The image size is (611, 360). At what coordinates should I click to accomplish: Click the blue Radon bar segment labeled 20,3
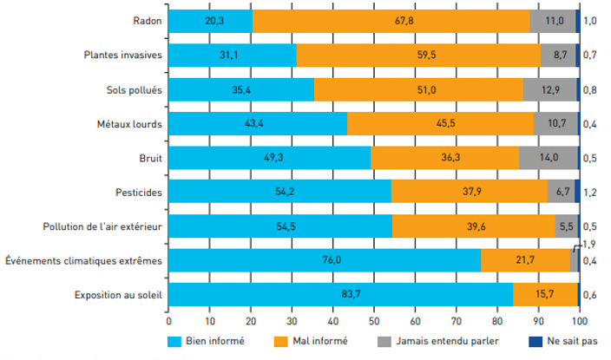click(x=210, y=22)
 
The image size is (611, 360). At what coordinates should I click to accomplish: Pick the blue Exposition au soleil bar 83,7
click(x=340, y=294)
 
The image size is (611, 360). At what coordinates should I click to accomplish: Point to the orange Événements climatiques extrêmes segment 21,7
click(x=525, y=260)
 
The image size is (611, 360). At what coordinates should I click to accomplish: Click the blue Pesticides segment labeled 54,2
click(x=279, y=192)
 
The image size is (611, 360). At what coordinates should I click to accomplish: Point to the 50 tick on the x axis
click(x=373, y=320)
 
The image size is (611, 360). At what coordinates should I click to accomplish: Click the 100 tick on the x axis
click(x=578, y=320)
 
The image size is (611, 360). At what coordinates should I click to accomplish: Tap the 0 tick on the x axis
click(x=168, y=320)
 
